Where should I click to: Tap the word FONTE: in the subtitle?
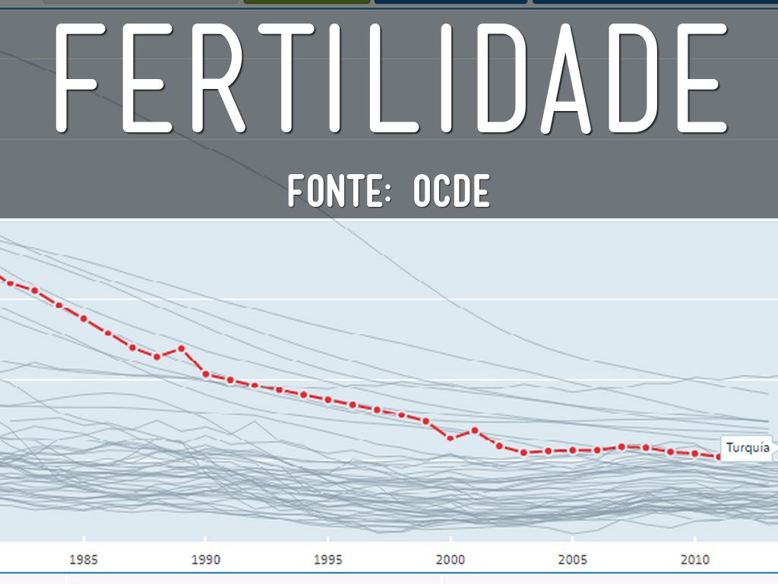pos(339,191)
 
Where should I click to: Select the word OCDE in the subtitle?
pos(451,191)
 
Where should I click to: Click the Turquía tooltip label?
pos(748,448)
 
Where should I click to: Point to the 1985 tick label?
pos(83,560)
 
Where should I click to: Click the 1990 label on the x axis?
pos(205,560)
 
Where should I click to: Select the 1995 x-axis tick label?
pos(327,560)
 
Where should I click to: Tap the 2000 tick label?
pos(451,560)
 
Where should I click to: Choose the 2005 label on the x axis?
pos(573,560)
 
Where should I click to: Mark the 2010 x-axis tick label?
pos(695,560)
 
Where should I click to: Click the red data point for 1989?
pos(182,348)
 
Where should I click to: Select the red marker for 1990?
pos(206,374)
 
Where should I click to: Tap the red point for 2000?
pos(451,438)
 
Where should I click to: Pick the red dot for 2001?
pos(475,430)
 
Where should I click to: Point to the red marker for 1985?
pos(84,319)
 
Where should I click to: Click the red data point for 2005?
pos(573,450)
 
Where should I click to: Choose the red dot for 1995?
pos(328,399)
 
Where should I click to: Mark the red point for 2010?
pos(695,453)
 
